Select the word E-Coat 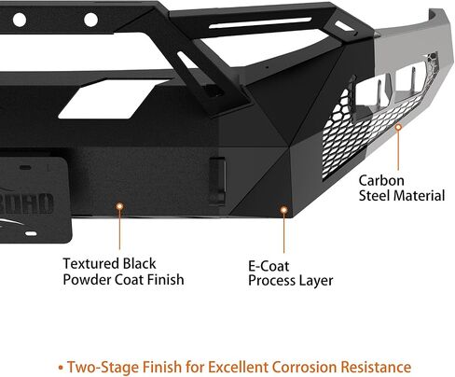pos(269,266)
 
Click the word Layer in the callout pos(316,281)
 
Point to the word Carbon pos(381,181)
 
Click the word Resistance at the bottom pos(376,367)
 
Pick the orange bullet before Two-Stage pos(61,368)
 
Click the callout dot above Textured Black pos(119,206)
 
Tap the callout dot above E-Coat pos(283,210)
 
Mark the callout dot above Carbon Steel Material pos(398,127)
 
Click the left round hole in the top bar pos(20,20)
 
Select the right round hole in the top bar pos(91,20)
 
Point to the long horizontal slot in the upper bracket pos(260,22)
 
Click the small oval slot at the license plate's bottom pos(31,233)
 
